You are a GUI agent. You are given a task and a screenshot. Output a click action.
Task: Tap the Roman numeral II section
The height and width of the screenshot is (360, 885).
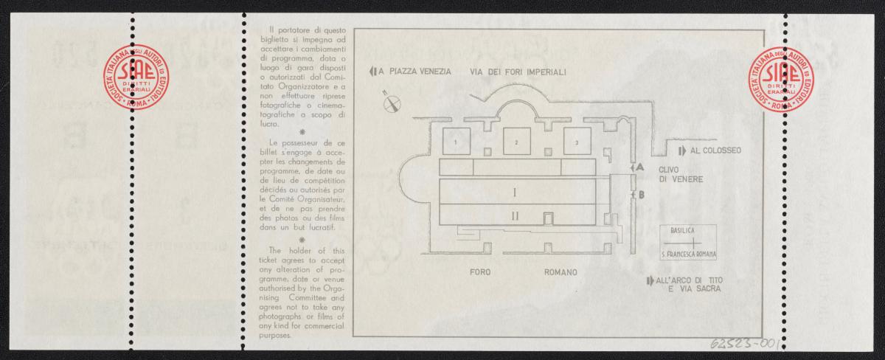(x=516, y=216)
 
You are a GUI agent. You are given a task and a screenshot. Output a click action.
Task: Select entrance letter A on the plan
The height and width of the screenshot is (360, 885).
(x=640, y=167)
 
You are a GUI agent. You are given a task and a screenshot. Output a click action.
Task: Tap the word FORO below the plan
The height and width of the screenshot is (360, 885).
(x=480, y=272)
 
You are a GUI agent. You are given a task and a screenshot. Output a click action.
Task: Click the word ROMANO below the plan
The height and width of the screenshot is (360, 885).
(x=560, y=272)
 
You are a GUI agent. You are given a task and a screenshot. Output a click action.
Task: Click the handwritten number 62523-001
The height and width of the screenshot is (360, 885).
(x=742, y=344)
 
